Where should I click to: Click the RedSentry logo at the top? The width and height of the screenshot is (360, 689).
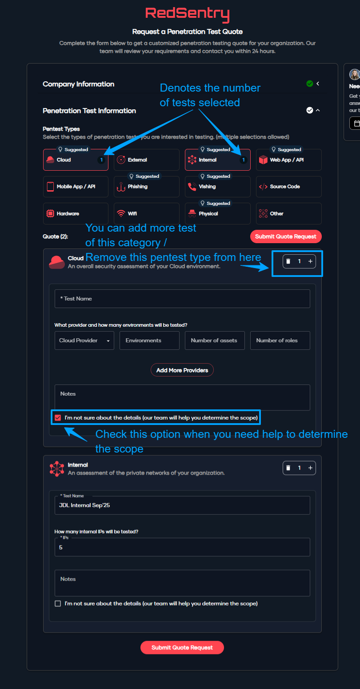click(187, 14)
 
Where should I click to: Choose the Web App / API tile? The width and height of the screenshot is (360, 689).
click(288, 160)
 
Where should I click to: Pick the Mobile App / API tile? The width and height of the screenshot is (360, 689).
click(76, 187)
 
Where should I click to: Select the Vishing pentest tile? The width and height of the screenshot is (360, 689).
click(217, 187)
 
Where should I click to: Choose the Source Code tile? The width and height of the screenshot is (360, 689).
click(288, 187)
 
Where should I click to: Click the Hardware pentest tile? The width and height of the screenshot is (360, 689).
click(76, 214)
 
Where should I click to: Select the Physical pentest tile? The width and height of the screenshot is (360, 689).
click(217, 214)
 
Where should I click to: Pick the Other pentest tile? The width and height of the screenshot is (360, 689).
click(288, 214)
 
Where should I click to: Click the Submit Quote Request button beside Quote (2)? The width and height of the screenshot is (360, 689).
click(286, 236)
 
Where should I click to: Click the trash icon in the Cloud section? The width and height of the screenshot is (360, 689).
click(288, 261)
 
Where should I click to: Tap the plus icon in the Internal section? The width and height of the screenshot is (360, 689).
click(310, 468)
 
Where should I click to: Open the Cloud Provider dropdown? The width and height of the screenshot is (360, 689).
click(84, 340)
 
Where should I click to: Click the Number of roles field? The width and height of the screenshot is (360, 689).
click(280, 340)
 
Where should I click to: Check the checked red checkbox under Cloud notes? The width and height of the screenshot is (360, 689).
click(58, 418)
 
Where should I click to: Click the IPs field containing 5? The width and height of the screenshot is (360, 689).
click(182, 548)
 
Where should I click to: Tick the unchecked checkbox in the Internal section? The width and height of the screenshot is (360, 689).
click(58, 604)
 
